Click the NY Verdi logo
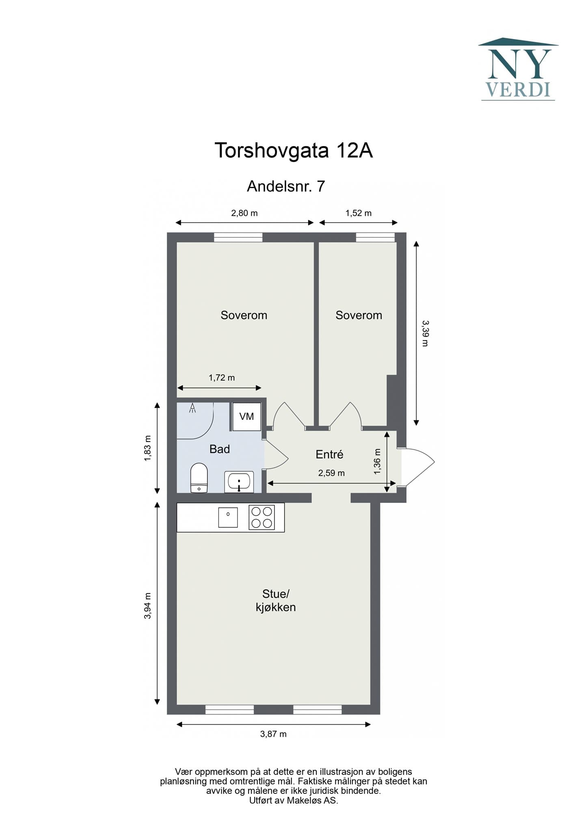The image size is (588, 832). point(518,69)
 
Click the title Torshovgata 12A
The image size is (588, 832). point(293,150)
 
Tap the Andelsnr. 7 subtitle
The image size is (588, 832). point(286,186)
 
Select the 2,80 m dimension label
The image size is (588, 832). point(244,213)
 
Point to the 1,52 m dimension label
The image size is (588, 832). point(359,213)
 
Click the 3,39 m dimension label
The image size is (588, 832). point(425,333)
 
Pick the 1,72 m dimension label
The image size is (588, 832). point(222,377)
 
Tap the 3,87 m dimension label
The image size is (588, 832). point(273,734)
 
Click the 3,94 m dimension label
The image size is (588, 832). point(148,606)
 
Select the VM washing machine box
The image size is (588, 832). point(246,416)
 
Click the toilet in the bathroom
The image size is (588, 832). point(199,477)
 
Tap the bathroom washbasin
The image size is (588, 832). point(239,482)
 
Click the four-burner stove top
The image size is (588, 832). point(262,517)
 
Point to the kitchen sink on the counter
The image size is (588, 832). point(228,517)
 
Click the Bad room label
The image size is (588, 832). point(220,449)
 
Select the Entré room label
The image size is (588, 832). point(329,454)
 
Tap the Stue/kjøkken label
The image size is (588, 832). point(276,600)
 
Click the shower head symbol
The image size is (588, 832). point(192,408)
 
